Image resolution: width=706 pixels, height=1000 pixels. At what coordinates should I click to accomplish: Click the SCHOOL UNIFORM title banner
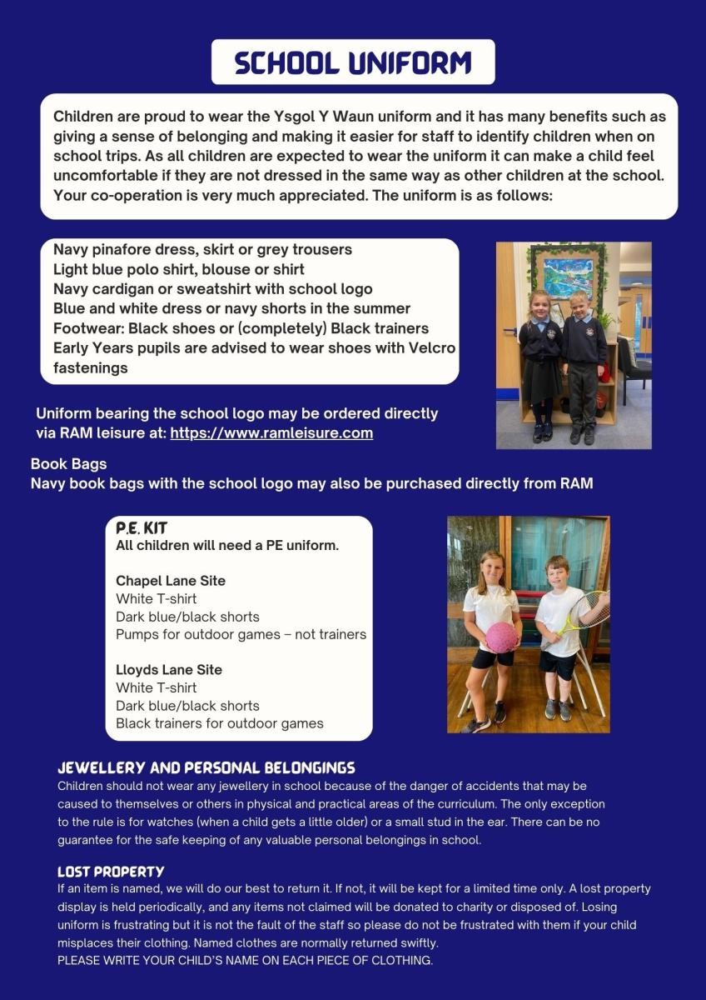353,62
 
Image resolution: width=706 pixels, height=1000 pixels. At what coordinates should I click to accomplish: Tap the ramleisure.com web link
271,433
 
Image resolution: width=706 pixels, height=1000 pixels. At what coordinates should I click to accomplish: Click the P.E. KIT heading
142,528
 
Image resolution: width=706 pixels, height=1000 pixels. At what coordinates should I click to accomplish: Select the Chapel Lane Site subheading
171,581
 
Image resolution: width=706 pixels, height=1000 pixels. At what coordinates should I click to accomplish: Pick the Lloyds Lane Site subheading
169,670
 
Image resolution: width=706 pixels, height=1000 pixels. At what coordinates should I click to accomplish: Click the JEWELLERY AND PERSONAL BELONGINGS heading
206,767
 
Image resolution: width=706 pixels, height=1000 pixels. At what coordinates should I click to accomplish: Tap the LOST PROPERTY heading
111,872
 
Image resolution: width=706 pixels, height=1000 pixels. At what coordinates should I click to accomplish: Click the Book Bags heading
68,464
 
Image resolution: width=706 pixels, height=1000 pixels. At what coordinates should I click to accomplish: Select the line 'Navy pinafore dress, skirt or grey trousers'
202,249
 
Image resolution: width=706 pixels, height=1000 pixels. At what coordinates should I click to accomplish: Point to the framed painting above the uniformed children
569,272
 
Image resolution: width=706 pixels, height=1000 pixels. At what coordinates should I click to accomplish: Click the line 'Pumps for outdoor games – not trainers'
241,634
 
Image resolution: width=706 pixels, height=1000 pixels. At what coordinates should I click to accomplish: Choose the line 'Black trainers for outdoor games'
219,723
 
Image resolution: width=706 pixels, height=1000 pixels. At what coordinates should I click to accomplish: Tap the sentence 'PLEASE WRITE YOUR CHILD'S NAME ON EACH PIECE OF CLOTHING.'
245,961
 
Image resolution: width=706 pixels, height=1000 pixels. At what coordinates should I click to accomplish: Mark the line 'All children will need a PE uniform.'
227,547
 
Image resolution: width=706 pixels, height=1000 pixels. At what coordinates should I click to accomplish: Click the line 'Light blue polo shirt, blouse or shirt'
179,269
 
